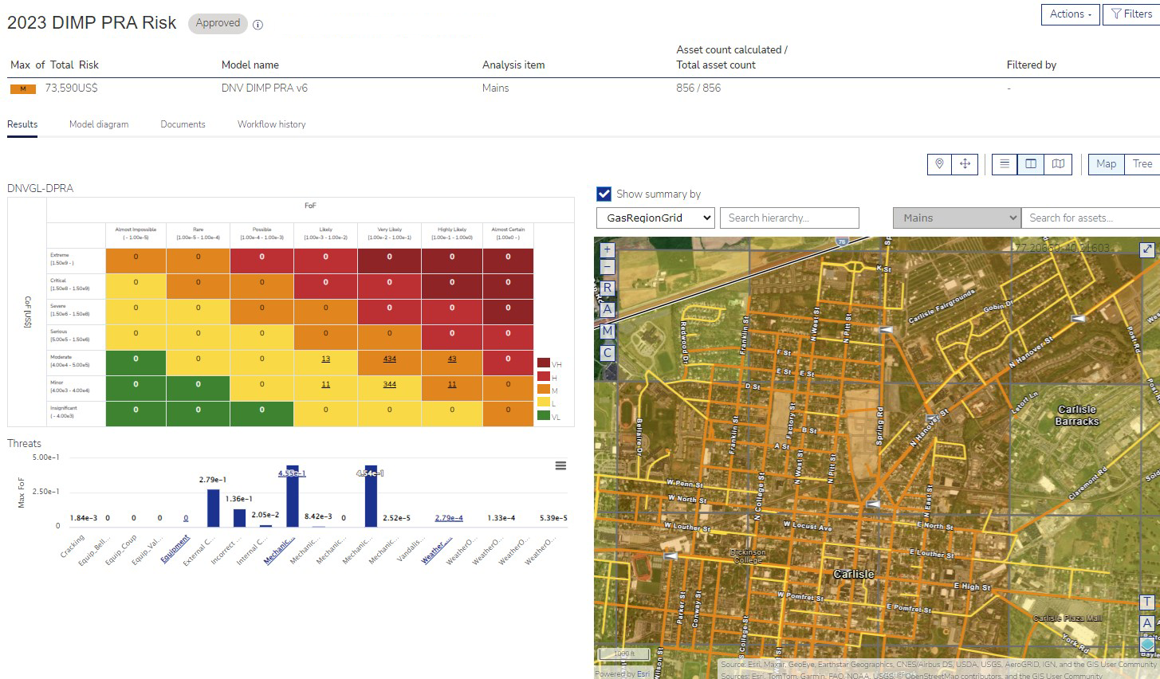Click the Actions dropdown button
click(1070, 14)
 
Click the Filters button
click(1131, 14)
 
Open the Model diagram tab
click(99, 124)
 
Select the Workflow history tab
click(271, 124)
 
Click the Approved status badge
click(218, 24)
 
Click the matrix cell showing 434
click(389, 359)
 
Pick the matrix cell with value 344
click(389, 385)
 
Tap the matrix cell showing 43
click(452, 359)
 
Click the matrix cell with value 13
click(325, 359)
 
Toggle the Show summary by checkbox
click(604, 194)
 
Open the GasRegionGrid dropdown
click(655, 218)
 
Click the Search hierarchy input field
click(788, 218)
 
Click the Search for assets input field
click(1089, 218)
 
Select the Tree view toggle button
click(1142, 164)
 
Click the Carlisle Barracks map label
click(1076, 415)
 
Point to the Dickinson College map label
click(747, 555)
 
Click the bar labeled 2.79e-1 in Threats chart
click(213, 508)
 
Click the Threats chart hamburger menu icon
click(560, 465)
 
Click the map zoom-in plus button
click(607, 249)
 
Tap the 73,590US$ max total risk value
click(71, 88)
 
